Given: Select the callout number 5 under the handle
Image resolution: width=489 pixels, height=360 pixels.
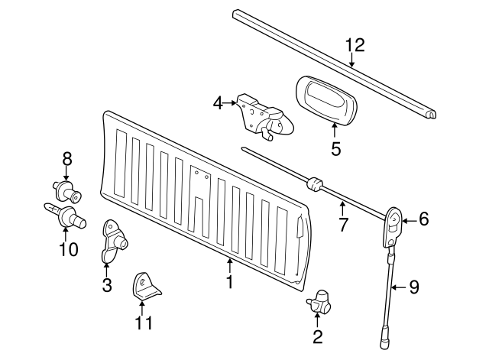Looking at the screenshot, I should [335, 148].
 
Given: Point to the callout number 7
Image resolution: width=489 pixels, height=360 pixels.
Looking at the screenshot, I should [343, 225].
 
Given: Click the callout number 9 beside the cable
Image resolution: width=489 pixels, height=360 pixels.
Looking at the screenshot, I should [414, 287].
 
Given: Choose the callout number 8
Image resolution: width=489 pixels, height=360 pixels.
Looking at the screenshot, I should [67, 158].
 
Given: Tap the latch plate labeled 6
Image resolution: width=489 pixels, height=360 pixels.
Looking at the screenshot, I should [393, 225].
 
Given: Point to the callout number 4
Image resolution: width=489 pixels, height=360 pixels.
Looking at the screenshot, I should [218, 102].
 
